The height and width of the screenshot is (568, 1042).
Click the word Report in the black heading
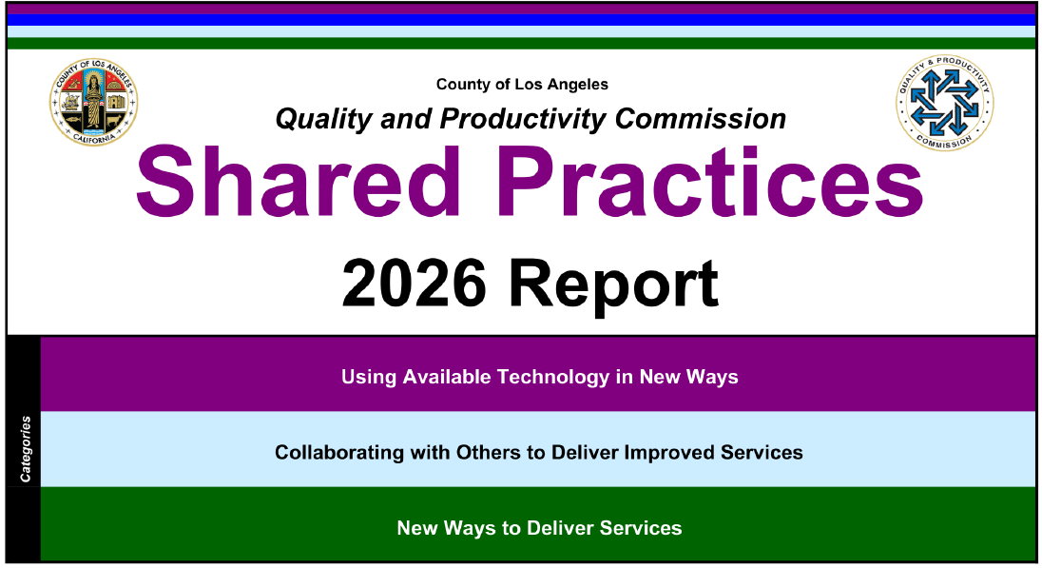point(613,284)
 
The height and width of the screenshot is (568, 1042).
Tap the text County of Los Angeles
point(522,85)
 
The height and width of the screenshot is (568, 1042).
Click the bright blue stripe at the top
point(521,19)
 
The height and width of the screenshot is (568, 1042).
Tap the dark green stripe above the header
point(521,43)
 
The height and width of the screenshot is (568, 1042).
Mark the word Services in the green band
point(644,528)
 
